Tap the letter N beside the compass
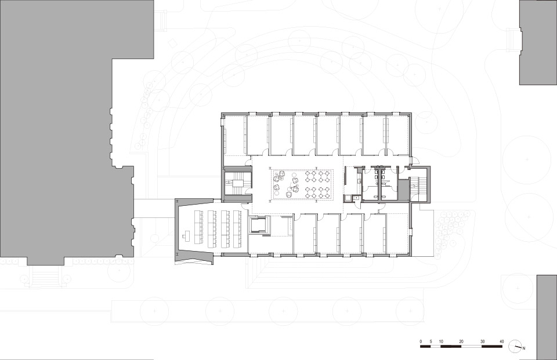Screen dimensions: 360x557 523,348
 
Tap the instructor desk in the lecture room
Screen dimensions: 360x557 186,235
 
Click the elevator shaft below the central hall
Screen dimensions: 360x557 261,224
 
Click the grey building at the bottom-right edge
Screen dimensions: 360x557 547,316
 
